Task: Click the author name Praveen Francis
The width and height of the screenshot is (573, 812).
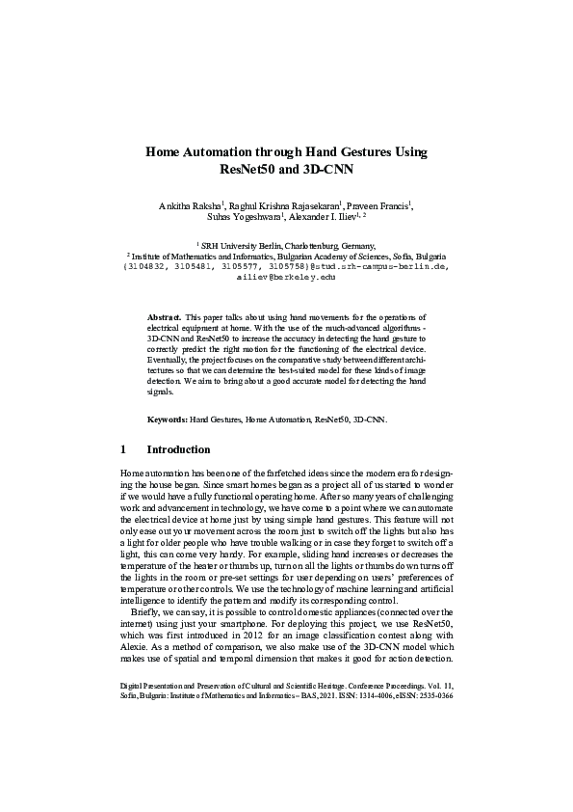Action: pyautogui.click(x=380, y=205)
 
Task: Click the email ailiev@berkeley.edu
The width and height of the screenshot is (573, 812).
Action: pyautogui.click(x=285, y=276)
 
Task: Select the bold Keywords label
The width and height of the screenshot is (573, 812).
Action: pyautogui.click(x=167, y=420)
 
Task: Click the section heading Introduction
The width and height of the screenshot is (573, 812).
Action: pyautogui.click(x=178, y=449)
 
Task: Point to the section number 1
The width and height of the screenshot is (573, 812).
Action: pyautogui.click(x=123, y=449)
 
